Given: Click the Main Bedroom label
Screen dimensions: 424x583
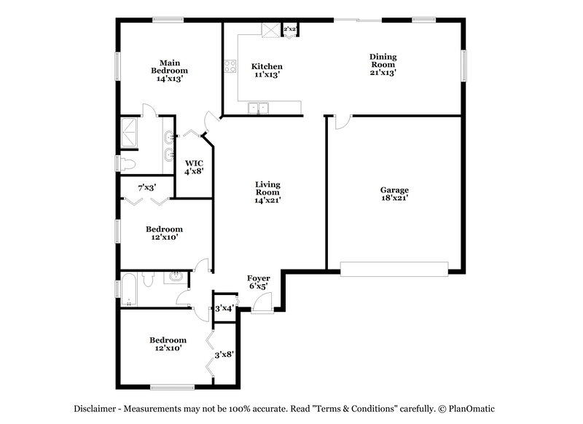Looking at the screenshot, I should coord(169,71).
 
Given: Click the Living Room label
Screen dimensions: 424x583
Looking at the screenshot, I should coord(267,192).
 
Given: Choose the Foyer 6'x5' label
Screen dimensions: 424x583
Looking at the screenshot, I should coord(258,282).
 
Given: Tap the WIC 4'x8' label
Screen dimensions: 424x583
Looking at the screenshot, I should coord(193,168).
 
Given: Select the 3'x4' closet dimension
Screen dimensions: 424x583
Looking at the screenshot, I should coord(224,308).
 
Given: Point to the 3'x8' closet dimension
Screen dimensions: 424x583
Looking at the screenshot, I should coord(223,355).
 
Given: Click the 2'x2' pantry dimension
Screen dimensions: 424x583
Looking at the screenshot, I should coord(290,29).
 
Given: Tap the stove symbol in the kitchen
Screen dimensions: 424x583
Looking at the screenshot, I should coord(230,66).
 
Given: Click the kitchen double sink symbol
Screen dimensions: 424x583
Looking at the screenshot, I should coord(257,109).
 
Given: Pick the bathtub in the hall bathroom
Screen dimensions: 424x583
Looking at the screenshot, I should coord(128,289).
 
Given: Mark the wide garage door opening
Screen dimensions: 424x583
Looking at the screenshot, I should coord(394,270).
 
